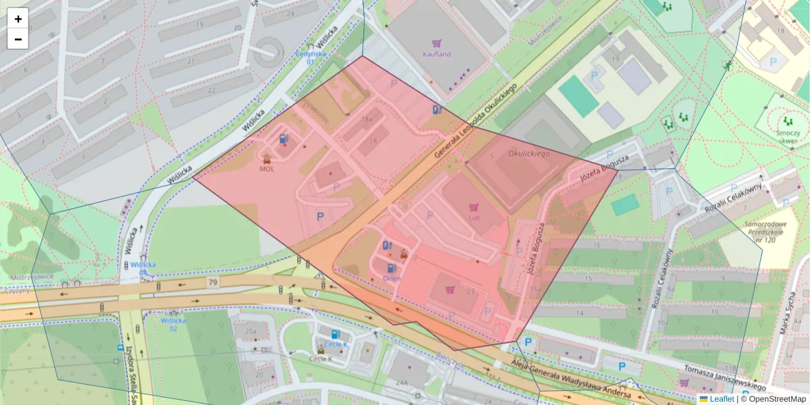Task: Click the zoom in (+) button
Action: [x=18, y=19]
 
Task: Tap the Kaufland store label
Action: [x=437, y=54]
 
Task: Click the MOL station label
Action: [x=267, y=169]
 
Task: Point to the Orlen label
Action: [x=391, y=278]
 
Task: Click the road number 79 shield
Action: [x=213, y=281]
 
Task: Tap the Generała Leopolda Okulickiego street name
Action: [x=476, y=122]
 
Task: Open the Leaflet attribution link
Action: [x=722, y=399]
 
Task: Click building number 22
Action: [x=211, y=90]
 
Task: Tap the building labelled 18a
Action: [x=367, y=119]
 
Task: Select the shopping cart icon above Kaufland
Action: [x=437, y=43]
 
